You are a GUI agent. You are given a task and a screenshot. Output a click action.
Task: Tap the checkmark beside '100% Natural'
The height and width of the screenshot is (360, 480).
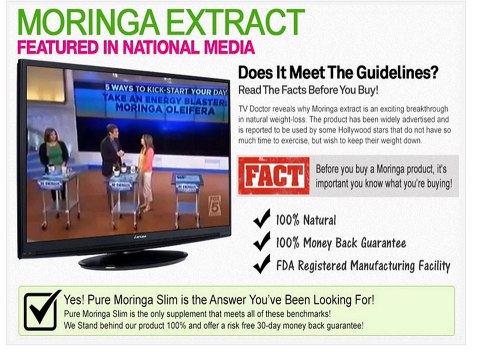262,220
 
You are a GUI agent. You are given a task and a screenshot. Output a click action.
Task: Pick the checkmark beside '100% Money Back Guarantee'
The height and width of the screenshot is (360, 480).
262,242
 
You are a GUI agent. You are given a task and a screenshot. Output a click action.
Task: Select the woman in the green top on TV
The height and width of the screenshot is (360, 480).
55,160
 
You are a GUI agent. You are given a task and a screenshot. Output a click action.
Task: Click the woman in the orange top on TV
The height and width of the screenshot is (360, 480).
146,165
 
